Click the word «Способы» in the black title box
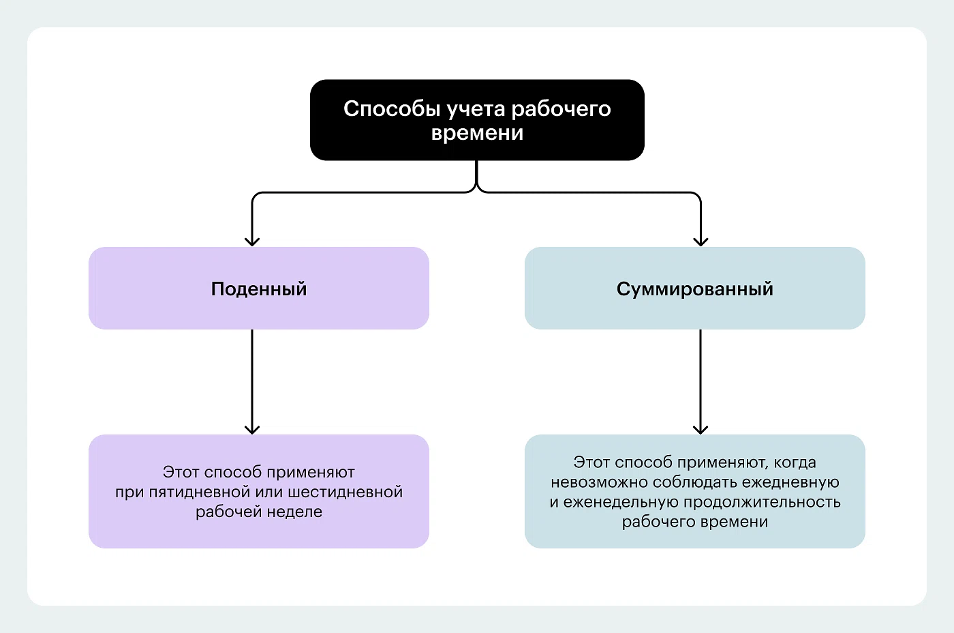pos(392,109)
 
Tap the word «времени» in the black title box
pos(477,133)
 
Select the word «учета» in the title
pos(476,110)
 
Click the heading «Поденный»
pos(259,289)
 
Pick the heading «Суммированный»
pos(694,289)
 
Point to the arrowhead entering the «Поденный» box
pos(252,241)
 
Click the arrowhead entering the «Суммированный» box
pos(701,241)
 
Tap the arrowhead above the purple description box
pos(252,429)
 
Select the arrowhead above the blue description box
pos(701,429)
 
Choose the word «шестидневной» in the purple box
pos(345,492)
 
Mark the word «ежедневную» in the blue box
pos(790,482)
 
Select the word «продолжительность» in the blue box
pos(762,502)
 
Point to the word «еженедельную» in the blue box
pos(621,502)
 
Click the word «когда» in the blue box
pos(795,462)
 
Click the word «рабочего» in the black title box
pos(561,109)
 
